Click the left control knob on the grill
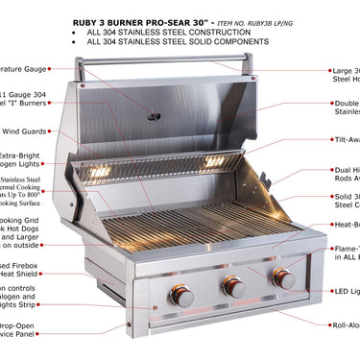point(181,296)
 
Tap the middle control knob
point(232,287)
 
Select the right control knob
point(283,278)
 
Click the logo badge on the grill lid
point(154,116)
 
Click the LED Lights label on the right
point(346,291)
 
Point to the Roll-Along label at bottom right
point(345,326)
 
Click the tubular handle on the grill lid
point(163,63)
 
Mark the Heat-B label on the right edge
point(346,226)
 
